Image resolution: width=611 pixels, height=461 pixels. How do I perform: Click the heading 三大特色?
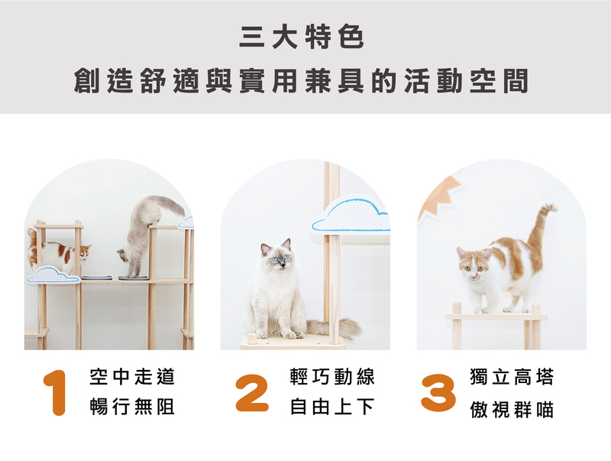[302, 37]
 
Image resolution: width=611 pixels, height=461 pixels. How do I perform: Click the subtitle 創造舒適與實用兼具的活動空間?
[301, 81]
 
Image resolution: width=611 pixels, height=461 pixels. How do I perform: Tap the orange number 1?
[55, 393]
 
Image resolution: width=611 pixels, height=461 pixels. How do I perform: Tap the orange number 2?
[252, 393]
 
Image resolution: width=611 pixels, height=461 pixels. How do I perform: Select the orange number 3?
[438, 393]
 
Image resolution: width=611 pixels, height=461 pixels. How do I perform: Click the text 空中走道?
[132, 377]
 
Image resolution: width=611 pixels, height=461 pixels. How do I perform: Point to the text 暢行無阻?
[132, 407]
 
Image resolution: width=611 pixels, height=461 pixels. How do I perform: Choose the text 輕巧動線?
[332, 377]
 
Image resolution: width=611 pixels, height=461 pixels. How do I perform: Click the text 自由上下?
[332, 407]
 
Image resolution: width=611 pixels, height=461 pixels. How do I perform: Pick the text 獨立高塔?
[512, 377]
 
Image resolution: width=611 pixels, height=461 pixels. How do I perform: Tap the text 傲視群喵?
[512, 410]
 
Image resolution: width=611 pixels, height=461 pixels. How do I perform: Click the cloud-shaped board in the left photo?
[53, 275]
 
